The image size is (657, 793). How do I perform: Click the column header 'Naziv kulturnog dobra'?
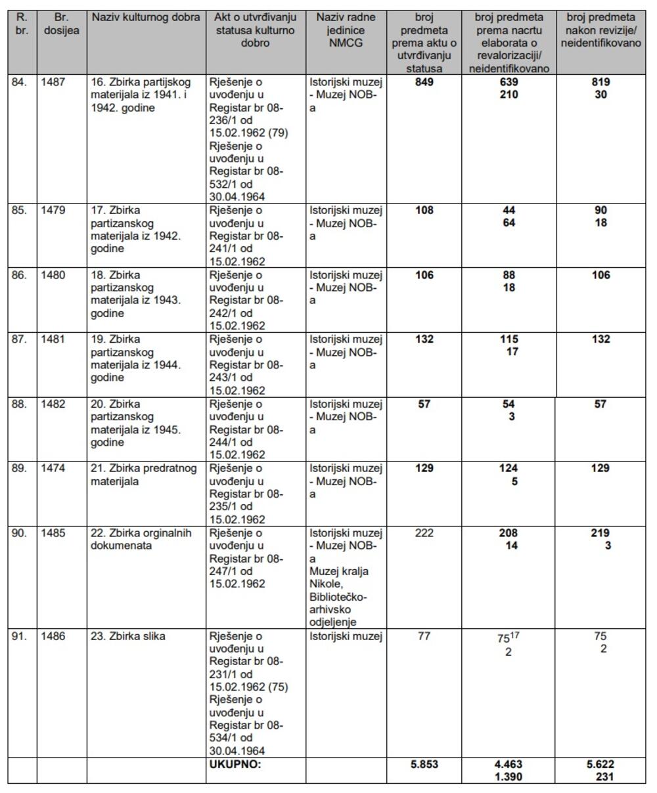(x=146, y=17)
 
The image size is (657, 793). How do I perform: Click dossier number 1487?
(x=53, y=82)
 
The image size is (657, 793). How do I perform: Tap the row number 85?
(x=20, y=211)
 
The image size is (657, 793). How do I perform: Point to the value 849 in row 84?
(x=425, y=82)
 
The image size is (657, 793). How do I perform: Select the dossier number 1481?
(x=53, y=339)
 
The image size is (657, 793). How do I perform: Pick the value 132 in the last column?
(x=600, y=339)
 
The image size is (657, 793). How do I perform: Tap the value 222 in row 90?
(x=424, y=533)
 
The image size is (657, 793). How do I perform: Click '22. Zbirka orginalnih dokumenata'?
(x=141, y=539)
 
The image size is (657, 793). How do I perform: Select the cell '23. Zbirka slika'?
(x=128, y=636)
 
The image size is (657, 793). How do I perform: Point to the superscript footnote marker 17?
(x=516, y=635)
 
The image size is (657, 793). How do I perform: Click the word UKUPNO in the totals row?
(x=235, y=764)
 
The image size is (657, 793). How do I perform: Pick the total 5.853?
(x=424, y=764)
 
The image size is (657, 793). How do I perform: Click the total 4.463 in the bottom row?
(x=509, y=764)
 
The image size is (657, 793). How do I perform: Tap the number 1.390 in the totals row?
(x=509, y=777)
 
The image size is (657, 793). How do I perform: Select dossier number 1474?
(x=53, y=468)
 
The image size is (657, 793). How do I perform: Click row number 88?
(x=20, y=404)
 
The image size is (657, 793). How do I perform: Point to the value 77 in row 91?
(x=424, y=636)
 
